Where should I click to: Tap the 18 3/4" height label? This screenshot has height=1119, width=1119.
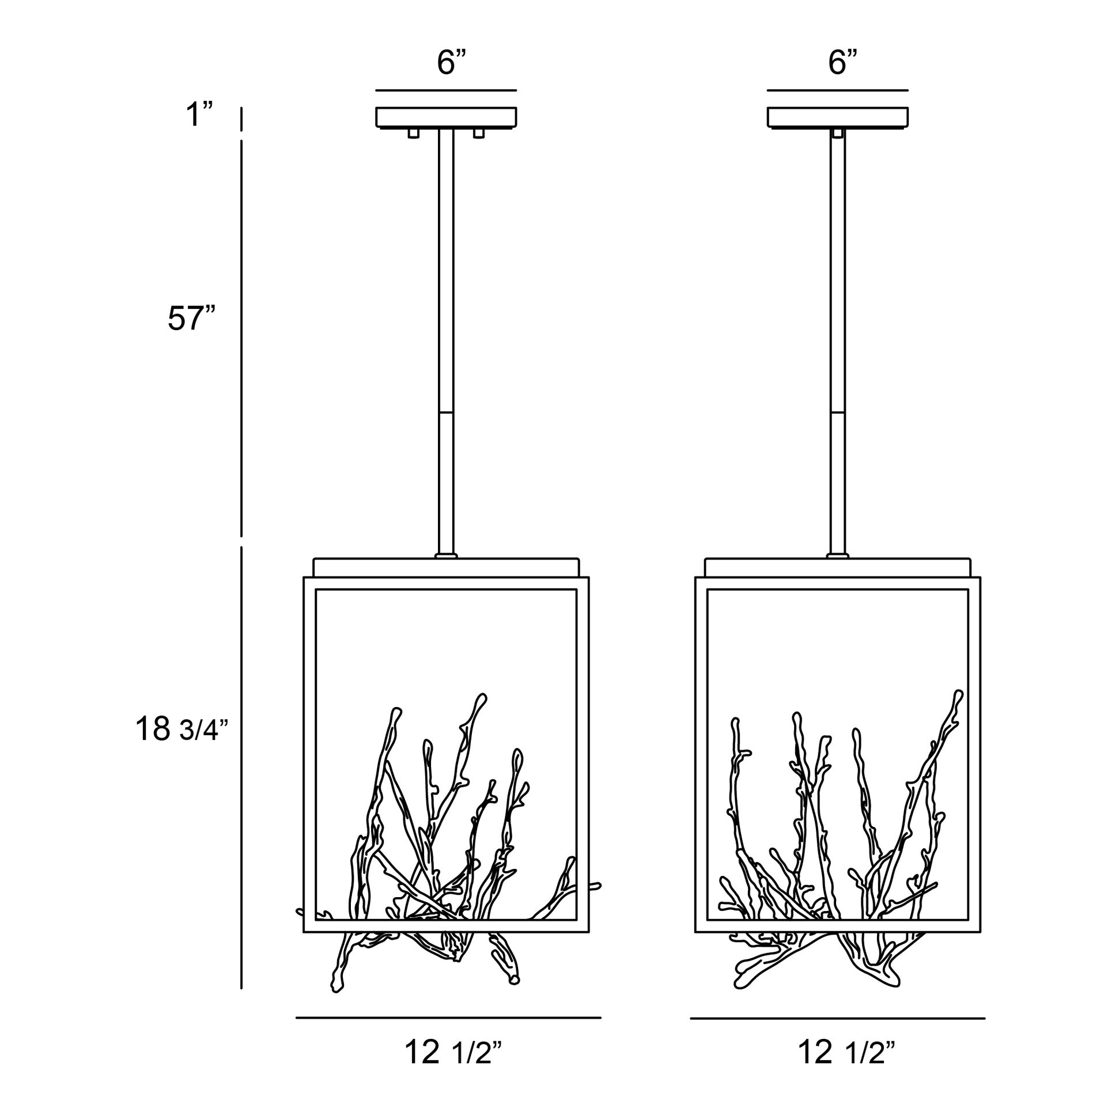pos(182,729)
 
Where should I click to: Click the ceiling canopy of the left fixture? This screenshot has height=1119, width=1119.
pos(446,118)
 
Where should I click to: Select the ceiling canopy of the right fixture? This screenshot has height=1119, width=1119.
pos(837,118)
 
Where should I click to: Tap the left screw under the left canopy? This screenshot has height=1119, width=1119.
pos(413,134)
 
